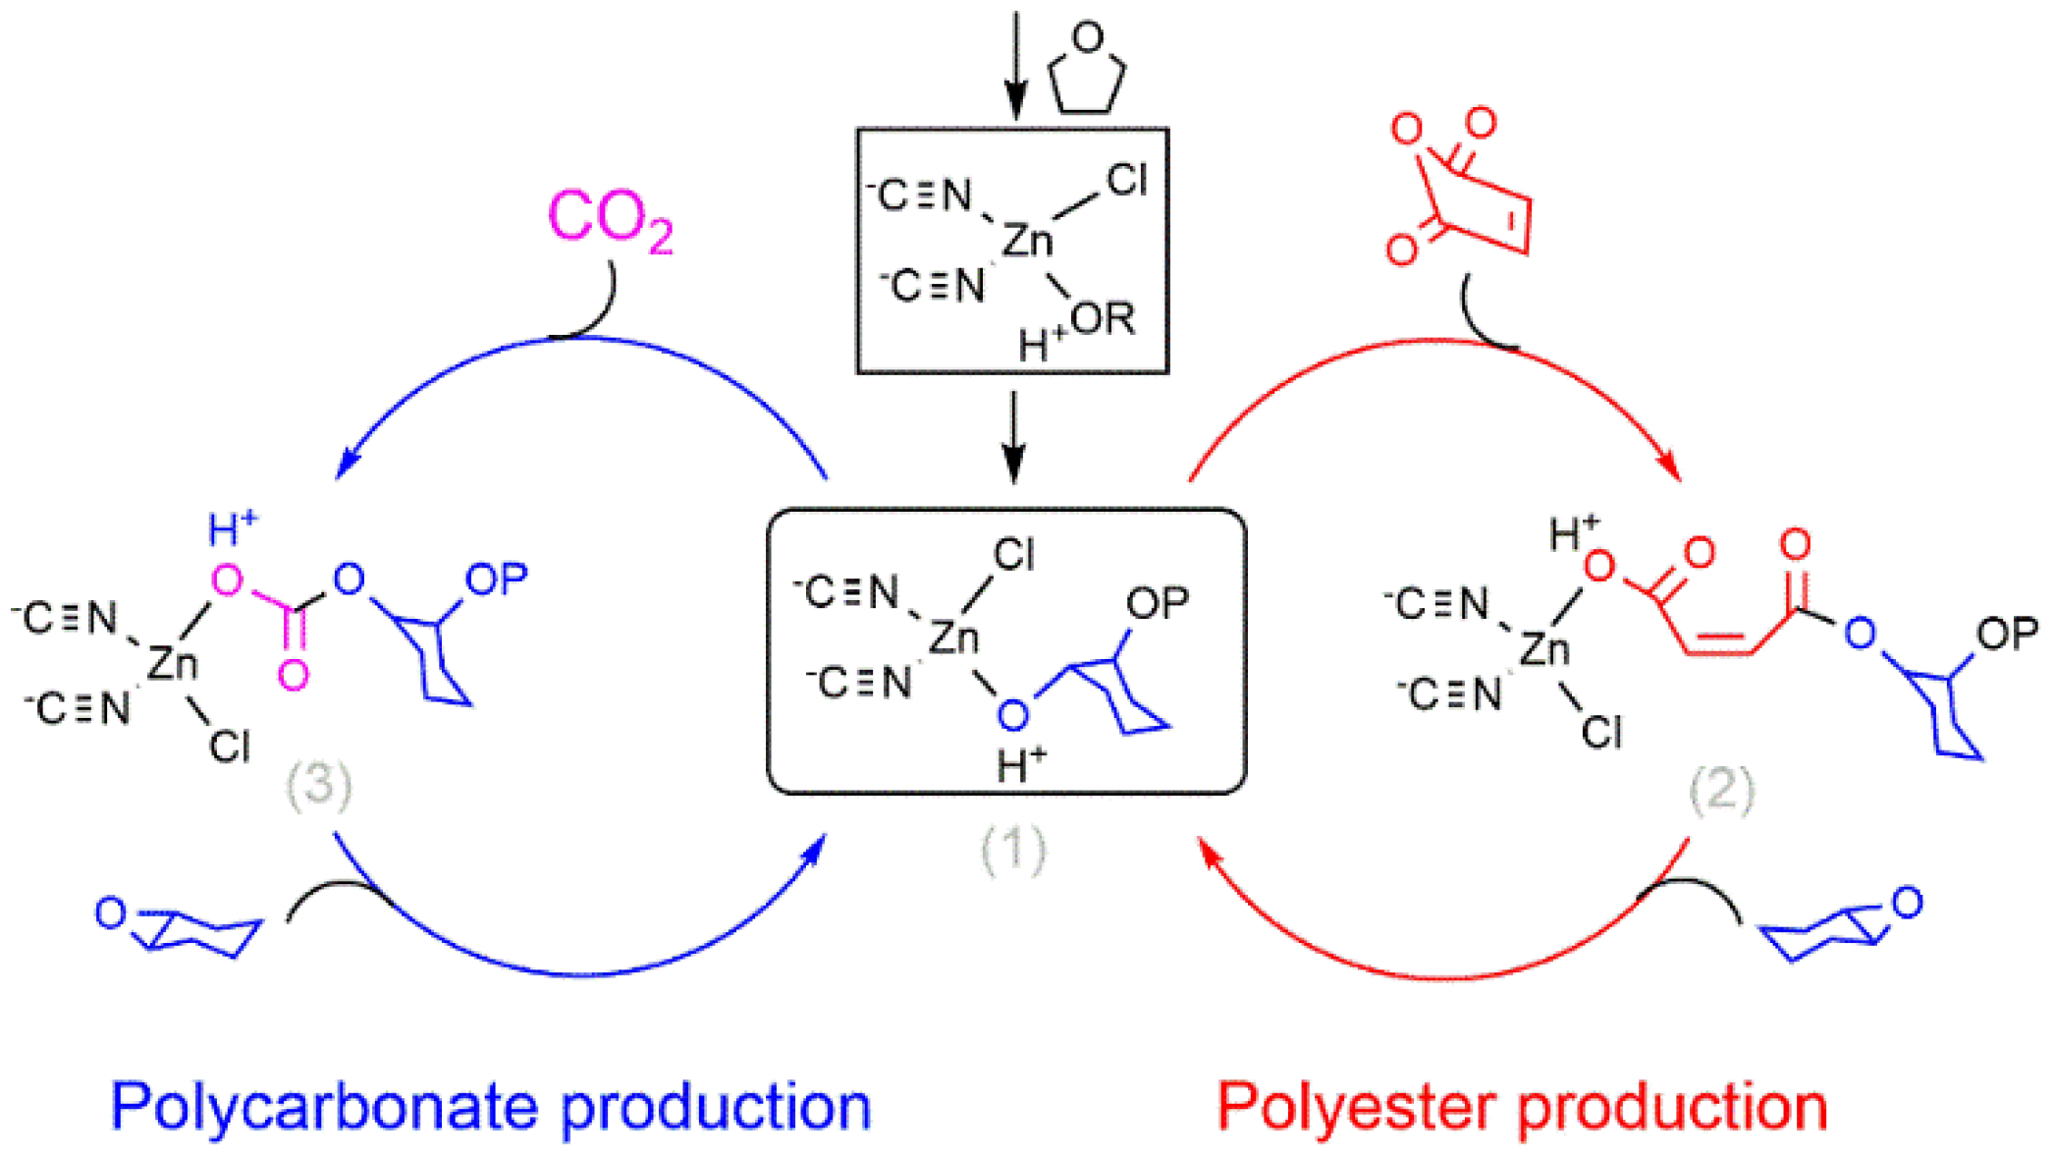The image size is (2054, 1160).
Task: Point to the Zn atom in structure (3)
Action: pyautogui.click(x=173, y=664)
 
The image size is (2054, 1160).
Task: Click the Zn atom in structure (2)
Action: pyautogui.click(x=1545, y=649)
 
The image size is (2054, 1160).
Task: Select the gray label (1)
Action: pyautogui.click(x=1013, y=851)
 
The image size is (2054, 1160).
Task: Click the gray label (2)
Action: pyautogui.click(x=1721, y=790)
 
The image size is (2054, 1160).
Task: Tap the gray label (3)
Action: pyautogui.click(x=318, y=787)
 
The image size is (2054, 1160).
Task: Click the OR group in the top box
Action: pyautogui.click(x=1103, y=319)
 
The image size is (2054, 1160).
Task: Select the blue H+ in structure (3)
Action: pyautogui.click(x=232, y=529)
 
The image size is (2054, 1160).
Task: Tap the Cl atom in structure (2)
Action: pyautogui.click(x=1601, y=733)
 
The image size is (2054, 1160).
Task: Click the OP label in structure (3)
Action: pyautogui.click(x=496, y=580)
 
